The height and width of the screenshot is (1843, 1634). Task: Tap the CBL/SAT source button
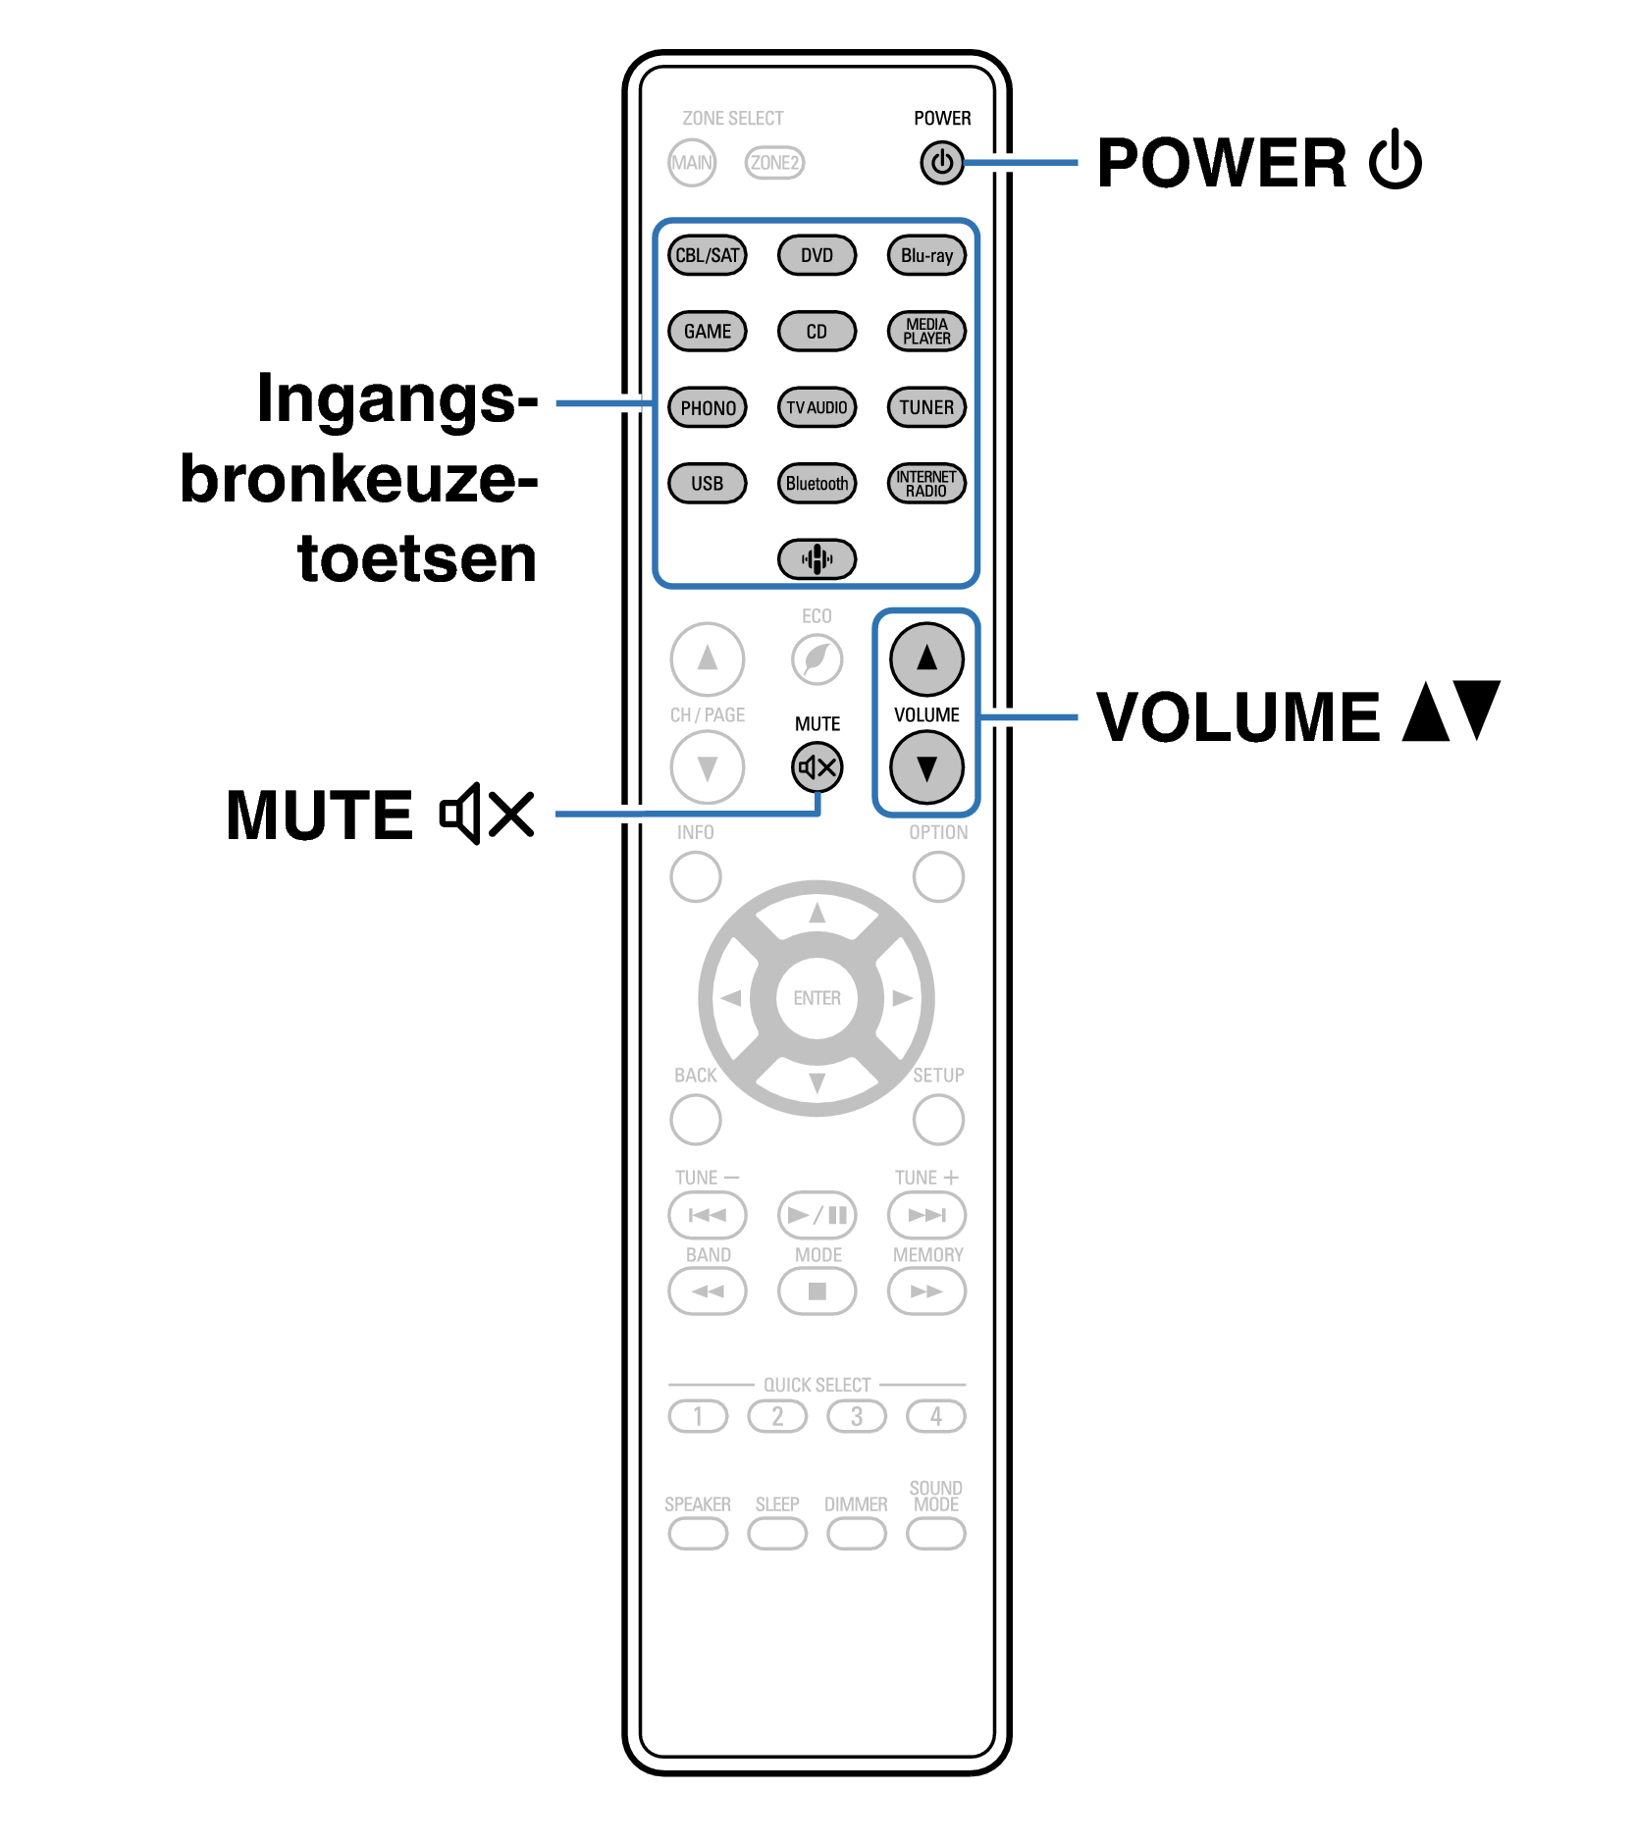pos(707,255)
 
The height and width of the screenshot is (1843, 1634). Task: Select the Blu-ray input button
pos(926,255)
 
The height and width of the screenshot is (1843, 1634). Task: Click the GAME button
pos(707,331)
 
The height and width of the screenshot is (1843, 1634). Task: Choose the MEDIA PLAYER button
pos(926,331)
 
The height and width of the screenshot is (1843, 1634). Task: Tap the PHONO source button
pos(707,407)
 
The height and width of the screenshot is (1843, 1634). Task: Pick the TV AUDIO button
pos(817,407)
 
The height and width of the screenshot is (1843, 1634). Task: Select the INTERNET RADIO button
pos(926,483)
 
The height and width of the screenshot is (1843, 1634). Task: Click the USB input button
pos(707,483)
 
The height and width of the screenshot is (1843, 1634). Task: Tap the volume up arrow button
pos(926,658)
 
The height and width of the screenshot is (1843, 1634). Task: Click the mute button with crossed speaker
pos(817,767)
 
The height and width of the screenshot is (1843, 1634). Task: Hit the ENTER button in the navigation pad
pos(817,998)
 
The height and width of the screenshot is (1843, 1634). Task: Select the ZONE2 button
pos(774,162)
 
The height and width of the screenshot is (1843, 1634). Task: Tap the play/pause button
pos(817,1215)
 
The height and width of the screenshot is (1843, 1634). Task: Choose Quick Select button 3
pos(856,1416)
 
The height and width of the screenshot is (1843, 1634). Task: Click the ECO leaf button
pos(817,658)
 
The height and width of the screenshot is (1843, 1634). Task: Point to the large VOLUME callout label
pos(1239,716)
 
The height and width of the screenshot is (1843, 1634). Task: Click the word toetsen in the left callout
pos(417,558)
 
